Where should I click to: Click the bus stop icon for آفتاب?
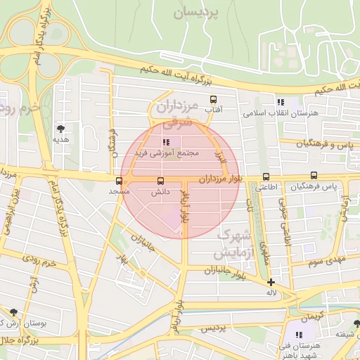(x=213, y=99)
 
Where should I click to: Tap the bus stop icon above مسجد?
(x=117, y=179)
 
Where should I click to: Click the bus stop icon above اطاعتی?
(x=266, y=176)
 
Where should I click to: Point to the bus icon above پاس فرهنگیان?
(x=314, y=176)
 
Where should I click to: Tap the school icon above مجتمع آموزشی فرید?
(x=165, y=142)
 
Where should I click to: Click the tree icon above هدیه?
(x=61, y=128)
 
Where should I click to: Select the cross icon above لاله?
(x=271, y=282)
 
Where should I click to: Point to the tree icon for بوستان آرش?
(x=13, y=311)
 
